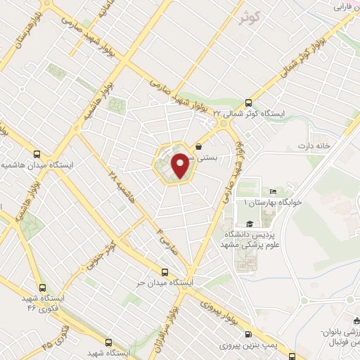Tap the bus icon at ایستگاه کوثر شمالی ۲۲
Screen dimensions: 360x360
click(x=247, y=101)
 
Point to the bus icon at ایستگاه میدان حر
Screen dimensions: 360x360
click(x=165, y=271)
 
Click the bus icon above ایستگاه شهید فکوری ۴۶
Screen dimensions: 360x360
click(x=43, y=288)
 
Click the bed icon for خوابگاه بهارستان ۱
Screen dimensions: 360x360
click(x=274, y=192)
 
